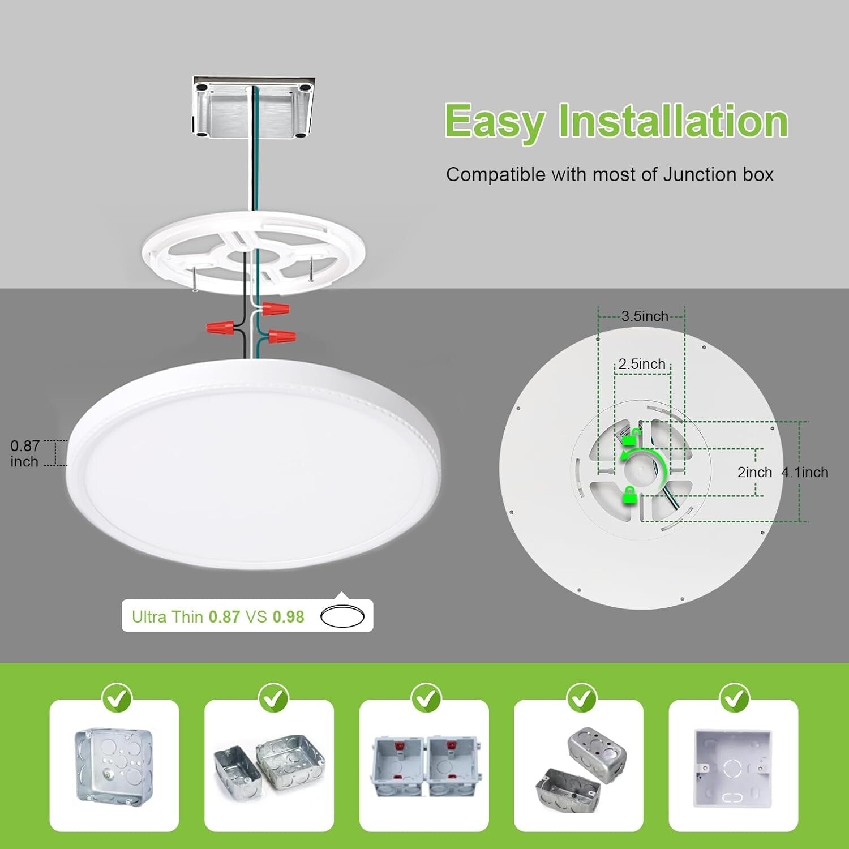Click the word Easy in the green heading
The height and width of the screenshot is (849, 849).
(x=494, y=121)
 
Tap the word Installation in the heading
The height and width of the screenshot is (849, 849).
(x=673, y=121)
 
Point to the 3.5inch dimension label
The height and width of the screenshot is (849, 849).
(x=645, y=316)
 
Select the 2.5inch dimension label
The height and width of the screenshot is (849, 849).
(x=641, y=364)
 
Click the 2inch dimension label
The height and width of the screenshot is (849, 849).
(x=754, y=472)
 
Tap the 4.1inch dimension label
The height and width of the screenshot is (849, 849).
(x=804, y=472)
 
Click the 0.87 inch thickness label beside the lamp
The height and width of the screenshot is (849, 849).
(x=25, y=453)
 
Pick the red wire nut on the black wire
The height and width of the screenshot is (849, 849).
(x=220, y=327)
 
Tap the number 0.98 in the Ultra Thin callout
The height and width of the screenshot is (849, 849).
(x=288, y=617)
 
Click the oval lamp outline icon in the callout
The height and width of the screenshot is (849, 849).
(x=342, y=616)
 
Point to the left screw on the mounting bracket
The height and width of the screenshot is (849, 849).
(x=194, y=280)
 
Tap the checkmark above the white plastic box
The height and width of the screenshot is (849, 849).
(x=734, y=697)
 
